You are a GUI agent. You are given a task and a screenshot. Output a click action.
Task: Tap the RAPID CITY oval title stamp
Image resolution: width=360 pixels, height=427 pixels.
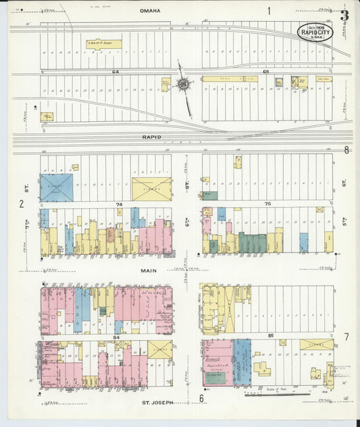click(315, 31)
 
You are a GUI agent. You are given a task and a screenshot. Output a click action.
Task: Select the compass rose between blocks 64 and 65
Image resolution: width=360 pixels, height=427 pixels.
click(182, 84)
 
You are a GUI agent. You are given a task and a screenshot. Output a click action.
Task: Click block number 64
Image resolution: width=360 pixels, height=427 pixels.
click(115, 71)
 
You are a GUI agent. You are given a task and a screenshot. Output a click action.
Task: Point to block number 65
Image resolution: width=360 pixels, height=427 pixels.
click(266, 71)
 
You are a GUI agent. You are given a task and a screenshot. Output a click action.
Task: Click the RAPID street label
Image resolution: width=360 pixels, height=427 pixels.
click(152, 137)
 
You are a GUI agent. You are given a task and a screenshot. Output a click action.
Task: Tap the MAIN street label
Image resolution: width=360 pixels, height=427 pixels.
click(149, 269)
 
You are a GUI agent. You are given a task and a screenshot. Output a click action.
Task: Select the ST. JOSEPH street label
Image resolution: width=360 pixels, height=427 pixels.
click(157, 402)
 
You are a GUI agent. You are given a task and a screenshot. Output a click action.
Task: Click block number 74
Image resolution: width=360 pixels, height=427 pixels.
click(120, 204)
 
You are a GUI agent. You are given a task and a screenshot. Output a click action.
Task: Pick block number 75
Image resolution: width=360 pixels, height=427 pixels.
click(267, 204)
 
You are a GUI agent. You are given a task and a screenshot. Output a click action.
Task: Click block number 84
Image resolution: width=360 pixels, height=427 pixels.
click(116, 336)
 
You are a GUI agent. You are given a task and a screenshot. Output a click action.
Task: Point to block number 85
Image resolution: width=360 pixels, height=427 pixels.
click(270, 336)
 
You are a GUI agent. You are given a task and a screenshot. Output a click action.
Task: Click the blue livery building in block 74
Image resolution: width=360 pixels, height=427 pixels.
click(56, 187)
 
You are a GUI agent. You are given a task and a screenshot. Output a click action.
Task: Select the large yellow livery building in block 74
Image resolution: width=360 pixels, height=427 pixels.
click(151, 189)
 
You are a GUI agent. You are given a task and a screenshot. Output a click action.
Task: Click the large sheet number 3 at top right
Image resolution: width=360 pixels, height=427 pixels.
click(344, 15)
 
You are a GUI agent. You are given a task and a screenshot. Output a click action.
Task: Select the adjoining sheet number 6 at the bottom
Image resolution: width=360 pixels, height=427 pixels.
click(201, 399)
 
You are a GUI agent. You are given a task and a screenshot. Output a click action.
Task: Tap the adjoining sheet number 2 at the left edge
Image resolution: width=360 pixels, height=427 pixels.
click(22, 204)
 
